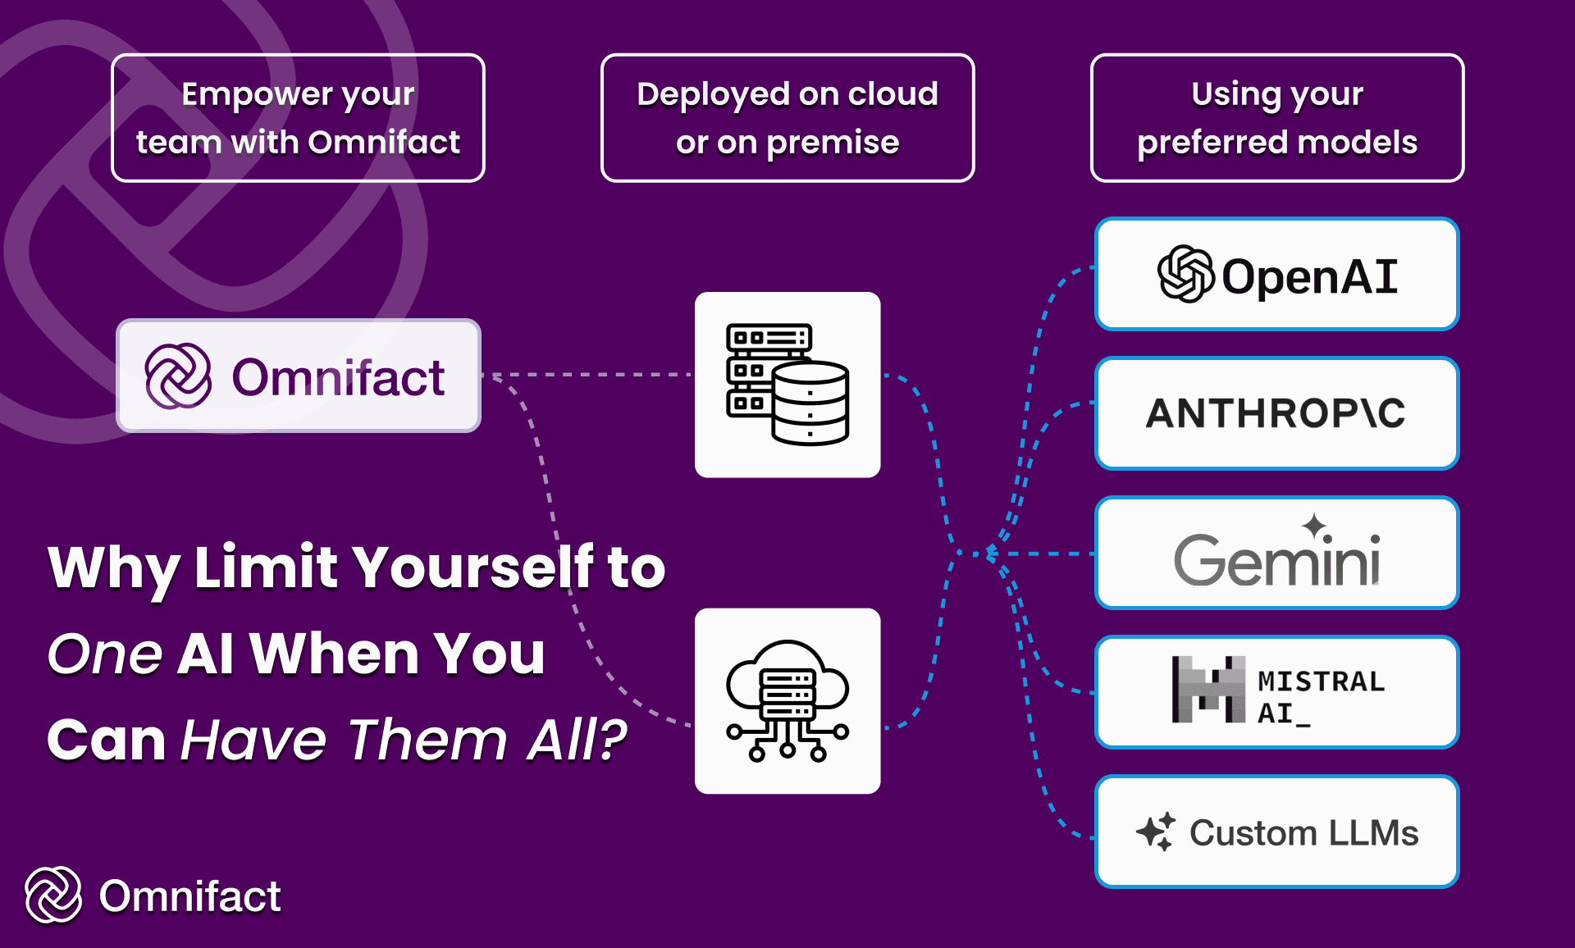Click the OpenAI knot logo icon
pos(1185,275)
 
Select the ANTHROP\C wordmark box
pos(1276,413)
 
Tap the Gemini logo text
pos(1276,561)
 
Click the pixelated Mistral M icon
pos(1208,690)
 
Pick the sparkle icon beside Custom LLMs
pos(1156,832)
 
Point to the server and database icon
pos(787,385)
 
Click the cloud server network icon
pos(787,701)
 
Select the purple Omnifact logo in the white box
pos(178,376)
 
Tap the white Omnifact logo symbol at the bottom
pos(53,895)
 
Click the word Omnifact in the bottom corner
pos(189,896)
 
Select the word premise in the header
pos(833,143)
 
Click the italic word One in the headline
pos(104,654)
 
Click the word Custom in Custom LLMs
pos(1253,833)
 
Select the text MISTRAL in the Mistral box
pos(1321,681)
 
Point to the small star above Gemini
pos(1315,526)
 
